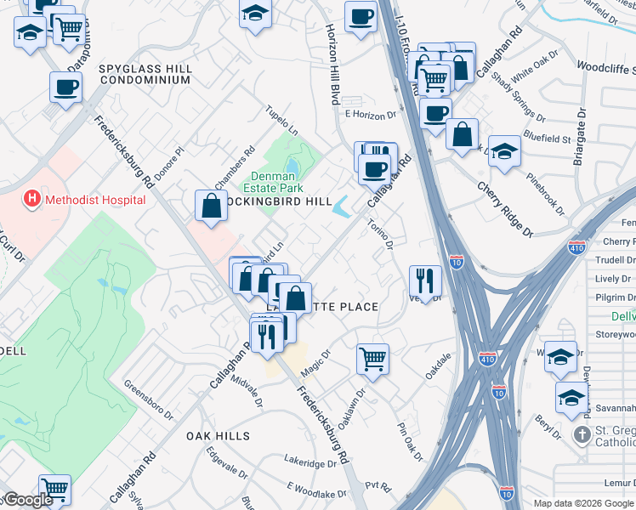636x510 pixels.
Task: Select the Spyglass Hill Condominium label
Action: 144,73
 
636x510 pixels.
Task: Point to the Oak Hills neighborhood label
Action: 219,436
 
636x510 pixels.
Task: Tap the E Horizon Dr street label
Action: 371,115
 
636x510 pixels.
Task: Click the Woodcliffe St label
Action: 605,65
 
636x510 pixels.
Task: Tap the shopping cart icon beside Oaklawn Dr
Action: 372,358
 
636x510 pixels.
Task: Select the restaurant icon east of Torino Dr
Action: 424,280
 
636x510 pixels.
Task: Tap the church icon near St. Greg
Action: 582,435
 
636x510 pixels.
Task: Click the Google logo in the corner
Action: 29,500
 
